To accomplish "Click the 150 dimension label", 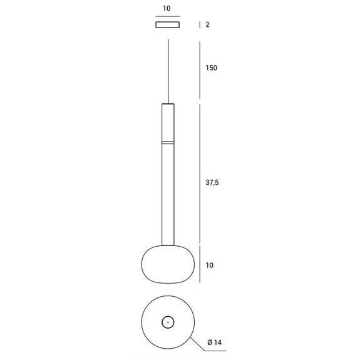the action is pyautogui.click(x=211, y=68).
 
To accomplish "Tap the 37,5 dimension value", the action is pyautogui.click(x=212, y=183).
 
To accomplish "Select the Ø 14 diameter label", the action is pyautogui.click(x=215, y=342).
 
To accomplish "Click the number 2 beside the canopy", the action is pyautogui.click(x=208, y=24).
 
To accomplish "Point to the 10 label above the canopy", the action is pyautogui.click(x=167, y=9).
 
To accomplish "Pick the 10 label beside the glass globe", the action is pyautogui.click(x=209, y=265).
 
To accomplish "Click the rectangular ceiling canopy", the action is pyautogui.click(x=168, y=24).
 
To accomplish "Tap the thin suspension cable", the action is pyautogui.click(x=168, y=71).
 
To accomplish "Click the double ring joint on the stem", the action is pyautogui.click(x=168, y=142).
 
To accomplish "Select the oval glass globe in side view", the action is pyautogui.click(x=168, y=264).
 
